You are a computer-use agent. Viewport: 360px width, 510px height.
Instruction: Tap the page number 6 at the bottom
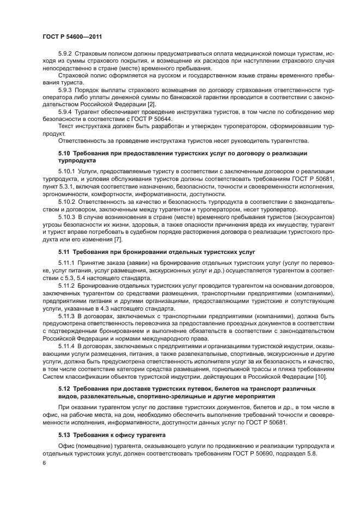[44, 463]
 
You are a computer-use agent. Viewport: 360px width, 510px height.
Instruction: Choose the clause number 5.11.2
[68, 285]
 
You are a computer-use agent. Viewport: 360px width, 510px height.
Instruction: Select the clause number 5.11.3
[68, 315]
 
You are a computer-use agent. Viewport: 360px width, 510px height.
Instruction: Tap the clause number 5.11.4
[68, 345]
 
